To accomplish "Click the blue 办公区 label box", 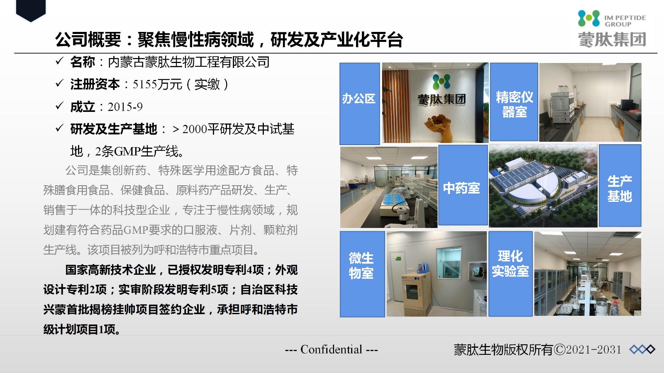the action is coord(359,104).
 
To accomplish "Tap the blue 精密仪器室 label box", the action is coord(514,102).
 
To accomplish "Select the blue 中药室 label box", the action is coord(463,185).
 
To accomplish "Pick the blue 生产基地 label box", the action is coord(620,186).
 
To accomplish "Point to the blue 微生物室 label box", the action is coord(362,274).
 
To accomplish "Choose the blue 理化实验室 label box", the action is coord(510,274).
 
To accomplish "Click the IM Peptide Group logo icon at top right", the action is coord(589,18).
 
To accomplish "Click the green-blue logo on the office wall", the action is coord(442,82).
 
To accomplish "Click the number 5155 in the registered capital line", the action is coord(145,85).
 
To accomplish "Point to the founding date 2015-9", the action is coord(125,107).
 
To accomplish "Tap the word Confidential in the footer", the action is coord(332,350).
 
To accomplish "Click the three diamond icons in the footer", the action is coord(642,350).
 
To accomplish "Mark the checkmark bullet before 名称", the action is coord(59,61).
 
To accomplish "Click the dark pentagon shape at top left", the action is coord(31,11).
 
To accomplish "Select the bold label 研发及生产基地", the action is coord(114,129).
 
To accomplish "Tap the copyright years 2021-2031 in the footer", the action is coord(593,350).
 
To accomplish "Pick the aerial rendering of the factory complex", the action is coord(543,186).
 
